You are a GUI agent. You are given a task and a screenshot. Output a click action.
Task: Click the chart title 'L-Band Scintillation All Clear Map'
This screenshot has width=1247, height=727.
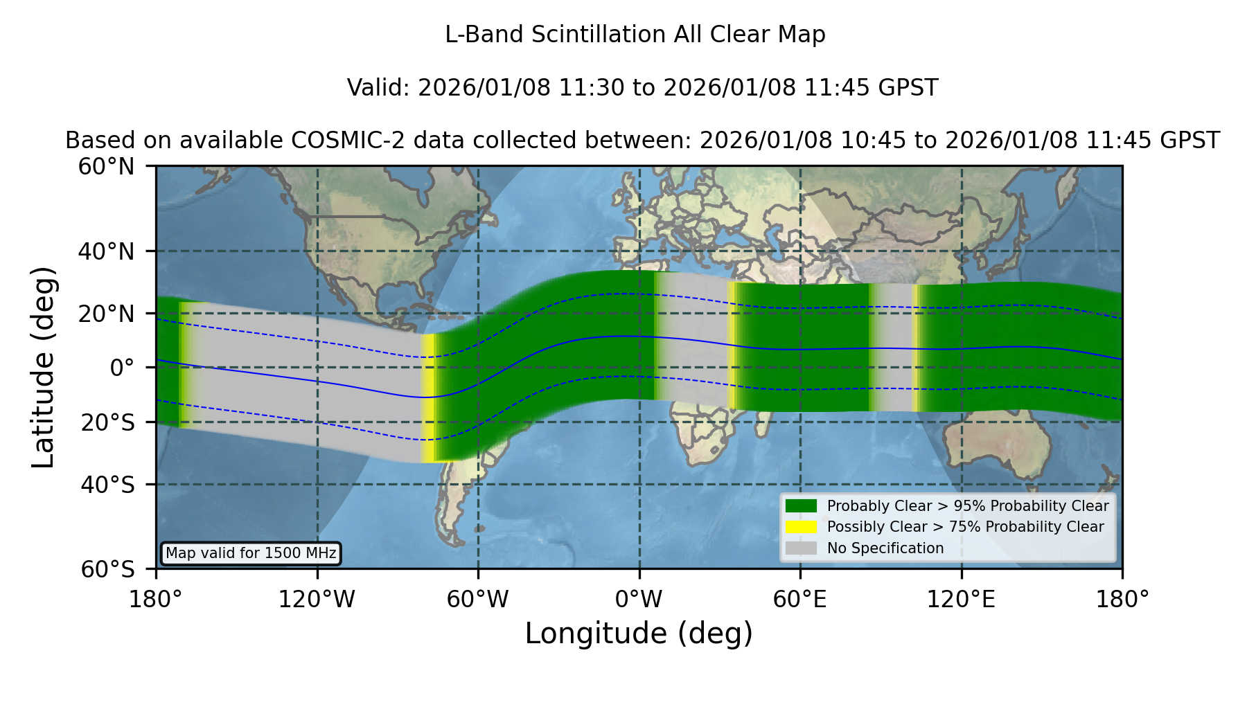coord(635,35)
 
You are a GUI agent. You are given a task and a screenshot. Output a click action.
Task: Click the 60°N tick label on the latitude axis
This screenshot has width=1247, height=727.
coord(107,166)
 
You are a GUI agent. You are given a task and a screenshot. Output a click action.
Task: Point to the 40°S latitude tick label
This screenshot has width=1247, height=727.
coord(107,484)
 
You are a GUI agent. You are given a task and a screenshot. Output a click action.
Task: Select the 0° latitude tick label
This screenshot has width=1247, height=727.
coord(122,367)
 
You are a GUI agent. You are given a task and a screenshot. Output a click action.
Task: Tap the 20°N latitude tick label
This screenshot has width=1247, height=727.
coord(107,313)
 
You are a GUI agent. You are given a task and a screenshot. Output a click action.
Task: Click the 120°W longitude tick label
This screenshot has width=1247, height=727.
coord(317,599)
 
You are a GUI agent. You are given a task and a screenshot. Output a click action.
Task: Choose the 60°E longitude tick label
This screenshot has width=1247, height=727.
coord(800,599)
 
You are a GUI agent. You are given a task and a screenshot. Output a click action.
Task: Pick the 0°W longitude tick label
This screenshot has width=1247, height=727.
coord(639,599)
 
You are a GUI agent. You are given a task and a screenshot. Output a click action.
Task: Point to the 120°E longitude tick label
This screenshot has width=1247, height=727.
coord(961,599)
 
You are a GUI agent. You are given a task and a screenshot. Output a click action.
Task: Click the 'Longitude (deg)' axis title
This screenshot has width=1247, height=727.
coord(639,634)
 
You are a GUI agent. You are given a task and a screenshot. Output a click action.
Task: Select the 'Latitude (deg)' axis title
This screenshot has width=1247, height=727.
coord(43,367)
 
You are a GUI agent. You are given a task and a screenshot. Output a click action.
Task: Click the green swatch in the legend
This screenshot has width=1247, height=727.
coord(801,505)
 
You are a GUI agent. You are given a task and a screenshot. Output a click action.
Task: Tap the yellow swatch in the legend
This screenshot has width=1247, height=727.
coord(801,527)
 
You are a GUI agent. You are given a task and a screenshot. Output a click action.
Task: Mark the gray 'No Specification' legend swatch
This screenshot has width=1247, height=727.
coord(801,548)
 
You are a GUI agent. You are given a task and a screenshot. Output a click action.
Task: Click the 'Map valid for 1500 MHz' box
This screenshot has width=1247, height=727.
coord(251,553)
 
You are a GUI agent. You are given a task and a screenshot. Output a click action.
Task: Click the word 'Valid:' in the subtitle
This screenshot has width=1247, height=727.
coord(379,88)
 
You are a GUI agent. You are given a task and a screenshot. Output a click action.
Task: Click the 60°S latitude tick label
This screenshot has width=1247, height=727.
coord(107,569)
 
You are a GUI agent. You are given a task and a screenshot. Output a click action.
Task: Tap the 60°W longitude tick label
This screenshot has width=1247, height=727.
coord(477,599)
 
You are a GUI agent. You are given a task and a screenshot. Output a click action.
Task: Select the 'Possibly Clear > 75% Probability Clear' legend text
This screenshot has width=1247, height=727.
coord(966,527)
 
